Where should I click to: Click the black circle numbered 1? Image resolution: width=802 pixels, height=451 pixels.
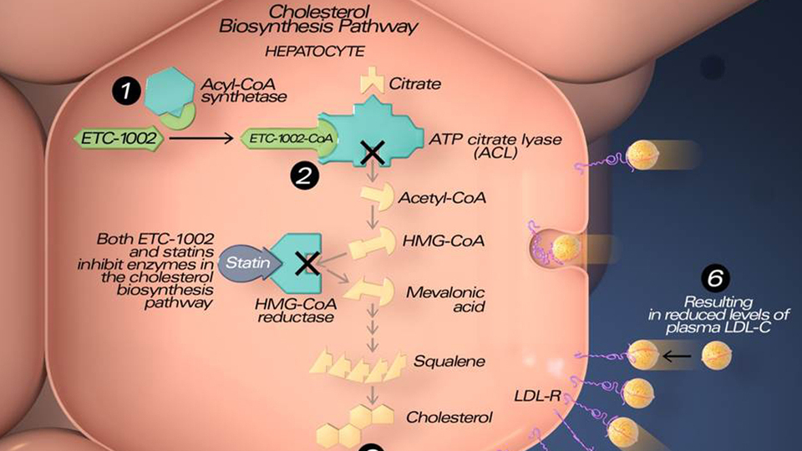126,91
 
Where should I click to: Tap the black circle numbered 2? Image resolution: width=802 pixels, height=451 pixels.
304,175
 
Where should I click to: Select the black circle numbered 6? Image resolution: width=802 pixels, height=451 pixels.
715,278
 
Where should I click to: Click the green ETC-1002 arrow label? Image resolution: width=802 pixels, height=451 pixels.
119,138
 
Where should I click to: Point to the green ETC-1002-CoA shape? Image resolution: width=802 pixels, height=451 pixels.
290,138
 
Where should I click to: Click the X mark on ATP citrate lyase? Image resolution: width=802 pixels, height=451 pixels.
373,153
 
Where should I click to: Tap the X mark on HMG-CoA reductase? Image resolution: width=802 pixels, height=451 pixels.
307,263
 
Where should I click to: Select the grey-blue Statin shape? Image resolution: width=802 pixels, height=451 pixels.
250,263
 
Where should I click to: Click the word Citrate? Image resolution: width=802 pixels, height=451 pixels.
415,84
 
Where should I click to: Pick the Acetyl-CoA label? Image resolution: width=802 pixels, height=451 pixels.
442,198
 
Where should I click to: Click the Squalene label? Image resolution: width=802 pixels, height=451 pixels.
449,361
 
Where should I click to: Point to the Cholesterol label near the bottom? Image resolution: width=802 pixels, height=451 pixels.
449,418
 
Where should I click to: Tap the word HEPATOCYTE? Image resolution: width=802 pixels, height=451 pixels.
315,51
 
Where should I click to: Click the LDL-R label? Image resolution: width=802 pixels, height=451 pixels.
537,395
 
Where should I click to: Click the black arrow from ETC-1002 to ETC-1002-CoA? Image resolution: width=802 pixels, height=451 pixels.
201,138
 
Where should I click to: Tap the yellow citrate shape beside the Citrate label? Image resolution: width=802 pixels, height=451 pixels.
372,80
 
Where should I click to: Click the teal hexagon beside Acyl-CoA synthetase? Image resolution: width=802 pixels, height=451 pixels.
168,90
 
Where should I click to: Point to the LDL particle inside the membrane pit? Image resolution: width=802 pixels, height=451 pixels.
566,248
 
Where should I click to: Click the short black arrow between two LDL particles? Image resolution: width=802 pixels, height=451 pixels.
677,356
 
